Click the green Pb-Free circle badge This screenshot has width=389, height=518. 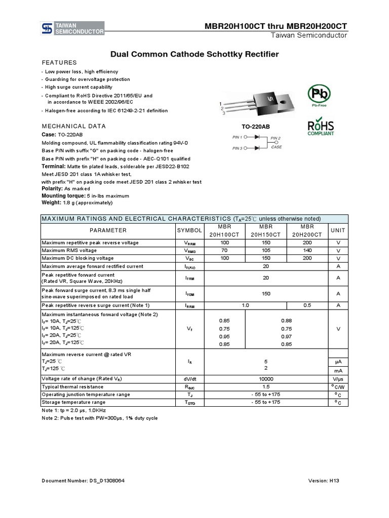pyautogui.click(x=319, y=95)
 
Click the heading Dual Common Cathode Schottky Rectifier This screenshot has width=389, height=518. pyautogui.click(x=194, y=54)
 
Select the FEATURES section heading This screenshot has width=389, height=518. pyautogui.click(x=59, y=63)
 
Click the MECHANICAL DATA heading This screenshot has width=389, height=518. pyautogui.click(x=73, y=126)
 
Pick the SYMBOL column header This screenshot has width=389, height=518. pyautogui.click(x=189, y=230)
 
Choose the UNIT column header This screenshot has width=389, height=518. pyautogui.click(x=338, y=230)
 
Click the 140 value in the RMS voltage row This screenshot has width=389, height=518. pyautogui.click(x=307, y=250)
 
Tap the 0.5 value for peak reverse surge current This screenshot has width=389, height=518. pyautogui.click(x=307, y=306)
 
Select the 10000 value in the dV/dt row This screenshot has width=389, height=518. pyautogui.click(x=266, y=378)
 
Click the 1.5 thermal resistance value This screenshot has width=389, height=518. pyautogui.click(x=266, y=386)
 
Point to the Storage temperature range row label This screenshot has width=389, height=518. pyautogui.click(x=73, y=402)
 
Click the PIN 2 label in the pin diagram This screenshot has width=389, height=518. pyautogui.click(x=276, y=138)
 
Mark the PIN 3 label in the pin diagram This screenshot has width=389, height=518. pyautogui.click(x=238, y=148)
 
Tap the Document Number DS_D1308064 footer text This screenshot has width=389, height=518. pyautogui.click(x=83, y=480)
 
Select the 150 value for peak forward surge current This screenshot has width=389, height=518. pyautogui.click(x=266, y=293)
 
